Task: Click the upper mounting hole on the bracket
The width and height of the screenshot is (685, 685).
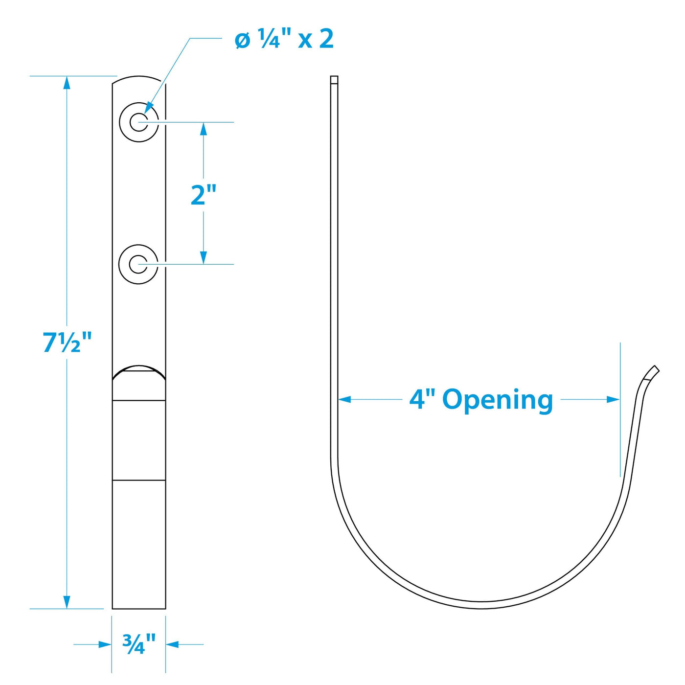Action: pyautogui.click(x=138, y=122)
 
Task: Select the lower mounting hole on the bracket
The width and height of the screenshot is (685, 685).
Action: pyautogui.click(x=138, y=264)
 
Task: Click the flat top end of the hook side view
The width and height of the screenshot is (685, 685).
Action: pyautogui.click(x=334, y=79)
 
